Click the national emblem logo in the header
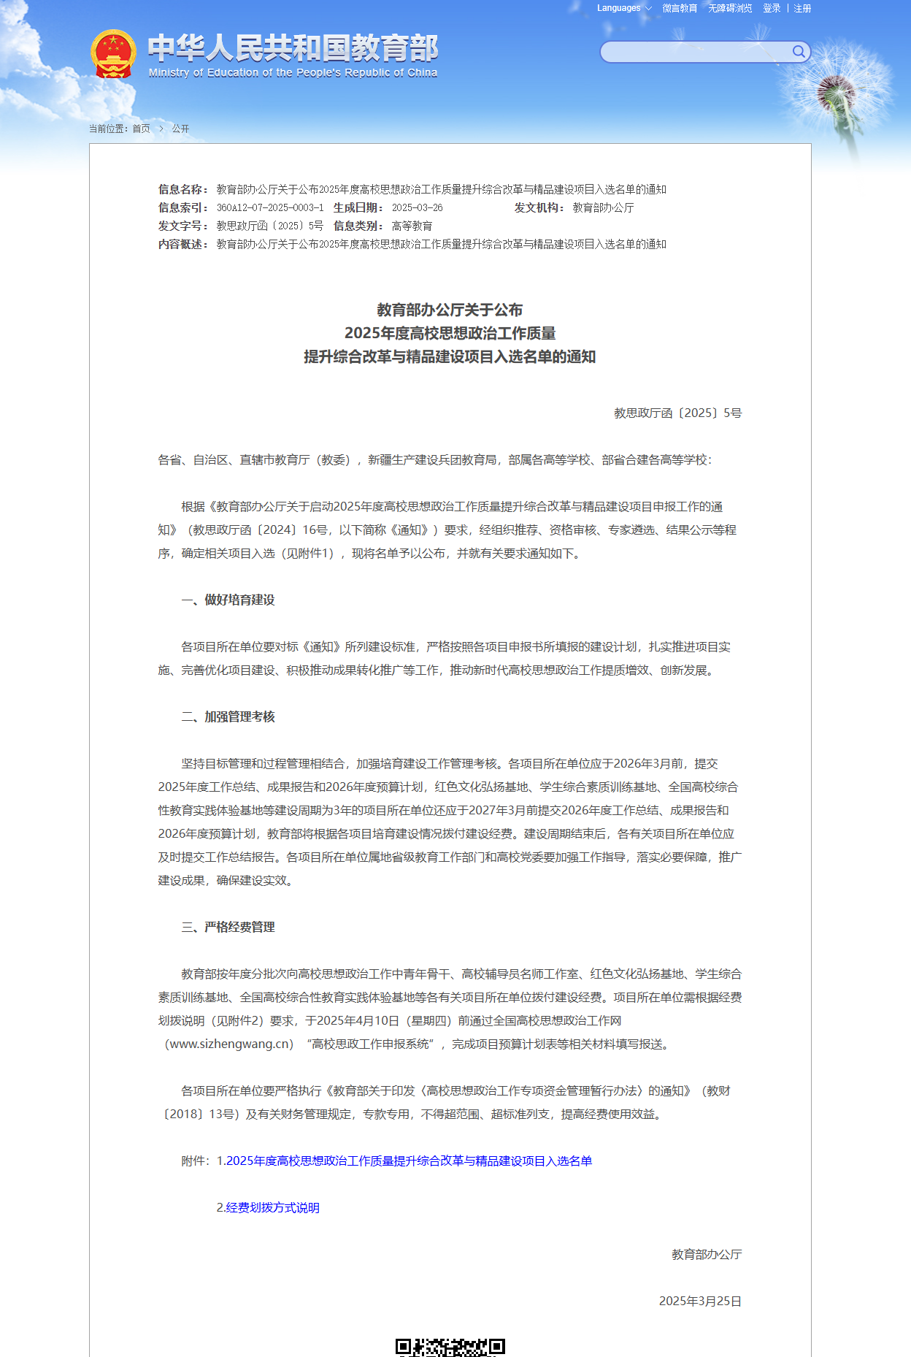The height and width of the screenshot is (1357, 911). point(113,54)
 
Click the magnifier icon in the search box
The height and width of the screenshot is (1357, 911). point(799,52)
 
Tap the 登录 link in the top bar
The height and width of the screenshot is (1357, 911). point(772,9)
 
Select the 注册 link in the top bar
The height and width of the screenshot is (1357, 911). point(802,9)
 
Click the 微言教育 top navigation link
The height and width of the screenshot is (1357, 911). point(680,9)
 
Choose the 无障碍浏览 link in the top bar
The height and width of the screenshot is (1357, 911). point(730,9)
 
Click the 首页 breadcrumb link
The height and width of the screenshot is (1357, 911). point(141,129)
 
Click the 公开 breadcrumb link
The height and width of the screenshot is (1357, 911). point(180,129)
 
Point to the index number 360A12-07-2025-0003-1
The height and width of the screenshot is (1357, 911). point(270,208)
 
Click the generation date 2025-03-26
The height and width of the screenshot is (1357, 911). point(417,208)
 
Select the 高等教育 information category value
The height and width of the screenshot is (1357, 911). point(412,226)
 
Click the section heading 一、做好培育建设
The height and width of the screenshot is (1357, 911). point(228,600)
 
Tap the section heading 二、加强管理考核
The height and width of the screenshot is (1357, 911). point(228,717)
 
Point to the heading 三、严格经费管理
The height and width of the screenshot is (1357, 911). point(228,928)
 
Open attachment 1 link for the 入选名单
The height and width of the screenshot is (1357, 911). point(409,1161)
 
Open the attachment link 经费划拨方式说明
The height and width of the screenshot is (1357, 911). point(272,1208)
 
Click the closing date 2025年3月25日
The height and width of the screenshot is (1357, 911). point(700,1301)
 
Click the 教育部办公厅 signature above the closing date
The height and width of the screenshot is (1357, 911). point(707,1255)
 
